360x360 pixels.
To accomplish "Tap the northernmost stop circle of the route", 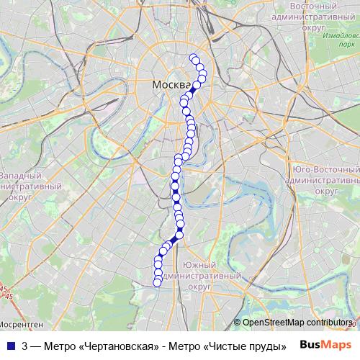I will click(x=192, y=58).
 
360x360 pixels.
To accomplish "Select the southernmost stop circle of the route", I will click(x=158, y=282).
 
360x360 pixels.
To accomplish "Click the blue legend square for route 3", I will click(x=11, y=346).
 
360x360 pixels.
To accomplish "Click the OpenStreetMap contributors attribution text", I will click(x=298, y=323).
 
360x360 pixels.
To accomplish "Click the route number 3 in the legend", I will click(x=25, y=346).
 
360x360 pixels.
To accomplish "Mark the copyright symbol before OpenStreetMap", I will click(x=238, y=323).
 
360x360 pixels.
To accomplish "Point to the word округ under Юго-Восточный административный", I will click(x=328, y=192).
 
